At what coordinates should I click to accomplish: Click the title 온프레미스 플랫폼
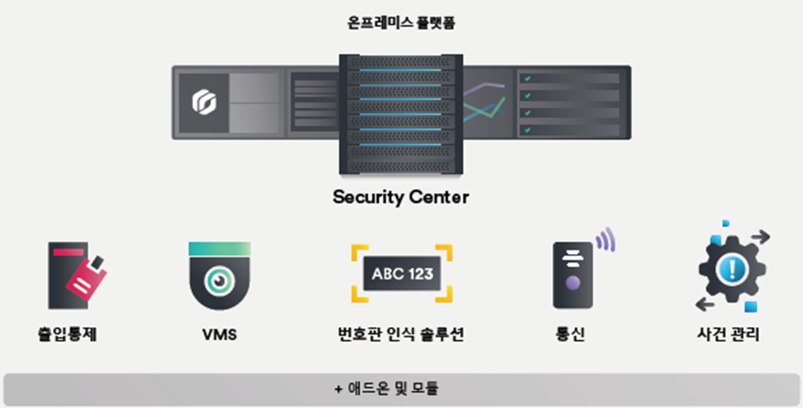point(401,23)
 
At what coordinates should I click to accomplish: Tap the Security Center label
point(401,197)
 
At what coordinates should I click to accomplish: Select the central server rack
point(401,114)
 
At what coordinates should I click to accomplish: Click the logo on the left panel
point(204,103)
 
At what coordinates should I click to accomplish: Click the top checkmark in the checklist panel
point(528,79)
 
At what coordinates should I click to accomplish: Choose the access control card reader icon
point(76,275)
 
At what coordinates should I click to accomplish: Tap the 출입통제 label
point(67,335)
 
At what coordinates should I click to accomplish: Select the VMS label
point(220,335)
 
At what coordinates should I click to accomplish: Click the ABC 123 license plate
point(402,274)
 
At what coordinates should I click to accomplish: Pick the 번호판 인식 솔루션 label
point(401,335)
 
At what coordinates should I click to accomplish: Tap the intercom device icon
point(573,275)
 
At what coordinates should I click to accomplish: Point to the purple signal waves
point(605,239)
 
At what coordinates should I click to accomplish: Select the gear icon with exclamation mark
point(732,268)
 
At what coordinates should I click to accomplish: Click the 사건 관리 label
point(728,335)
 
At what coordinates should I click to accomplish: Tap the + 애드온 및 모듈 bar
point(401,389)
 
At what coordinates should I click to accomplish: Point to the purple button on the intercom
point(572,283)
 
